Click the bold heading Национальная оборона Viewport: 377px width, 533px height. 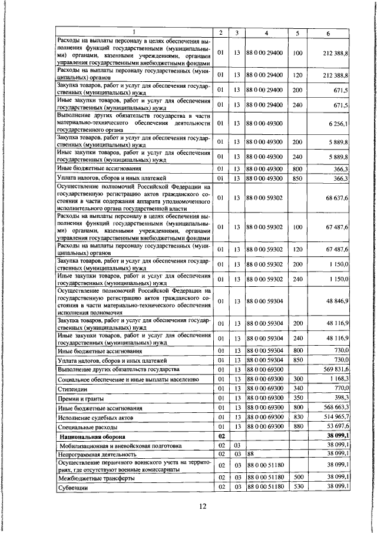91,437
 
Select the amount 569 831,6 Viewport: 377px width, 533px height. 334,369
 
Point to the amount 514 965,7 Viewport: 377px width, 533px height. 334,416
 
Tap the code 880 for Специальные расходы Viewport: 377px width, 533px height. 297,426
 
